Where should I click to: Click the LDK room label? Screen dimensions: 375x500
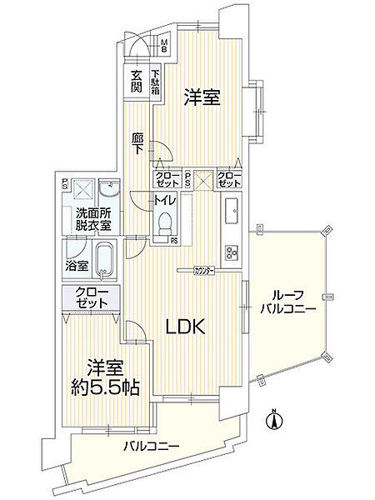click(x=185, y=327)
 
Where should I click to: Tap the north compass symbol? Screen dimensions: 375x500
click(x=273, y=419)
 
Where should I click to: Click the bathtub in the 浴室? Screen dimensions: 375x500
click(x=105, y=259)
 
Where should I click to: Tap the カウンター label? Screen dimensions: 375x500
click(x=204, y=272)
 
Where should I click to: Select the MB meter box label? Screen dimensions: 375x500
click(x=164, y=45)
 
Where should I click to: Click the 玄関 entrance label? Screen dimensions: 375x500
click(x=137, y=81)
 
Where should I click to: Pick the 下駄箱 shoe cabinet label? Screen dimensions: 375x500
click(x=155, y=82)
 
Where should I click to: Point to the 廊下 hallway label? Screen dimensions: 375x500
click(x=137, y=144)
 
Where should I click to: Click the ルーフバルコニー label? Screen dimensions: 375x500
click(x=287, y=301)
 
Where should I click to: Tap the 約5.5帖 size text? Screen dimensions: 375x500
click(x=105, y=387)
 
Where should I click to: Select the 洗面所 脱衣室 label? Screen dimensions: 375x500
click(x=93, y=218)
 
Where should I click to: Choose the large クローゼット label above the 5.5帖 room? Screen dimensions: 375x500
click(x=92, y=297)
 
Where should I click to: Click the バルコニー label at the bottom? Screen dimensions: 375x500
click(x=151, y=446)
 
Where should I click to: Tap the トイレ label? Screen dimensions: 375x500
click(x=164, y=200)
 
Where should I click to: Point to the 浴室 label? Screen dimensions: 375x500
click(x=77, y=265)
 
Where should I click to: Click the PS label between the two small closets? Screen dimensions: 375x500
click(x=187, y=179)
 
